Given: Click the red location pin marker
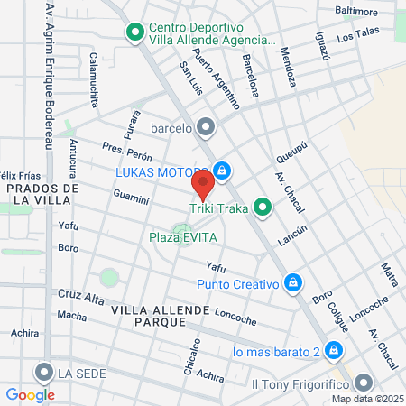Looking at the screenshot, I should coord(203,186).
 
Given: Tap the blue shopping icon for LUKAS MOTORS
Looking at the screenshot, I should coord(222,171).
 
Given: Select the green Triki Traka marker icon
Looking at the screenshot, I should coord(263,208).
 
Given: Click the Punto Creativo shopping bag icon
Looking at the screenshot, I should coord(292,283).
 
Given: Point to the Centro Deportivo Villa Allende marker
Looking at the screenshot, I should coord(135,33).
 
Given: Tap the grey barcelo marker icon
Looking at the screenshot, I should coord(207,126).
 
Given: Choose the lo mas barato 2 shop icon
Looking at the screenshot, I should coord(334,349).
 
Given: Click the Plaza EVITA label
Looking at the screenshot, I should coord(180,238).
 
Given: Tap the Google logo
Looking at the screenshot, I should coord(30,394).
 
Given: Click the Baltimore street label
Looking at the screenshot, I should coord(355,12).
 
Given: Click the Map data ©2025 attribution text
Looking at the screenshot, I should coord(366,399).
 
